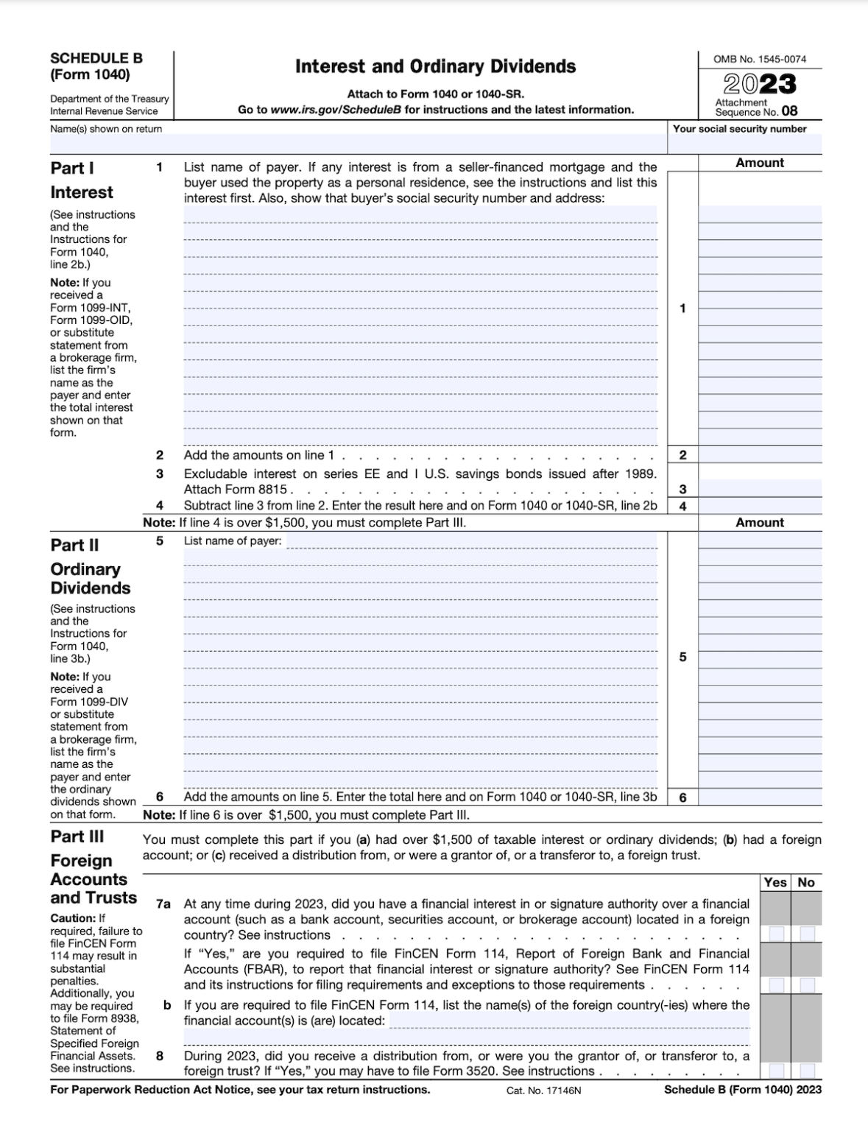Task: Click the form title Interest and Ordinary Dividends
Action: click(x=435, y=67)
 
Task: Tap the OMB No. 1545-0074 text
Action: click(x=759, y=59)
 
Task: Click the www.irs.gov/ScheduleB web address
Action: click(x=336, y=110)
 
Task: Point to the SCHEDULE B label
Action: click(x=96, y=58)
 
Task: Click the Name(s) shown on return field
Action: click(x=358, y=143)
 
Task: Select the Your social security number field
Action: click(x=745, y=144)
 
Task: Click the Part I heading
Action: click(x=72, y=169)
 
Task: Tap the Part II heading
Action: click(x=74, y=546)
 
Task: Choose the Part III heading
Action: click(x=77, y=836)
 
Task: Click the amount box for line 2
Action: click(x=759, y=455)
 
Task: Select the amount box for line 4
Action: click(x=759, y=506)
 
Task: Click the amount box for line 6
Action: click(x=759, y=797)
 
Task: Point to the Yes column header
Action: click(x=775, y=882)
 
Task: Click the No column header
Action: click(x=806, y=882)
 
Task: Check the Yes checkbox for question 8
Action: click(x=777, y=1071)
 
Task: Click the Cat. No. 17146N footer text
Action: click(x=543, y=1091)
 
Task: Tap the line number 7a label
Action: click(x=163, y=903)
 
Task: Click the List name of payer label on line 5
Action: click(x=232, y=541)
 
